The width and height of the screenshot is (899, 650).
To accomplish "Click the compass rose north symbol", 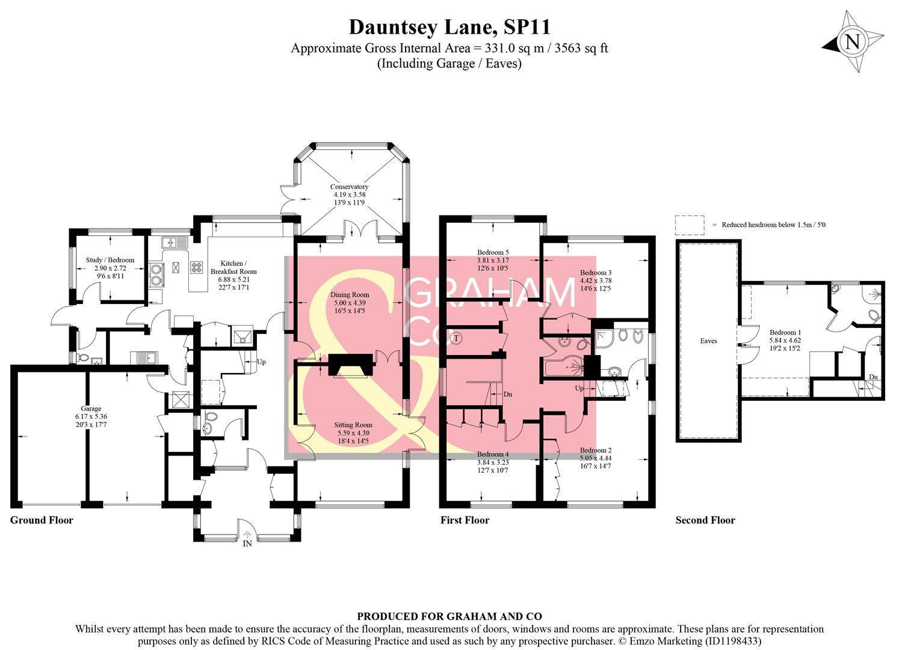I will (x=853, y=42).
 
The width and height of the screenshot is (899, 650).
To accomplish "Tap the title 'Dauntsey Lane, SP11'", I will (x=450, y=27).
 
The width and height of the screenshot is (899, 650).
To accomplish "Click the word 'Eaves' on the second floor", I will (x=708, y=341).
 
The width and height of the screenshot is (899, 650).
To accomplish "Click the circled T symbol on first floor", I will (x=457, y=338).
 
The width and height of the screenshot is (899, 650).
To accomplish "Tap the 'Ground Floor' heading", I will (x=42, y=520).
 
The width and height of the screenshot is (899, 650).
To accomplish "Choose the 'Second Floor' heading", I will (x=705, y=520).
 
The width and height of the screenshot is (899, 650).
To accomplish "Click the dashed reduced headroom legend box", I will (x=690, y=225).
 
